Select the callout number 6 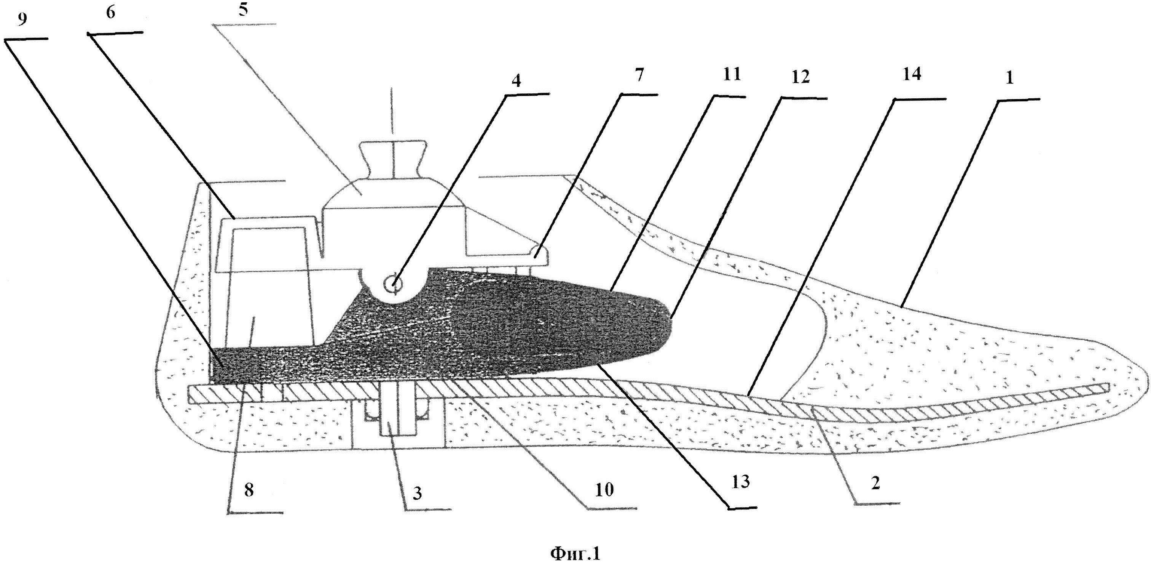pyautogui.click(x=110, y=13)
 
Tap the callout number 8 pyautogui.click(x=249, y=490)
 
